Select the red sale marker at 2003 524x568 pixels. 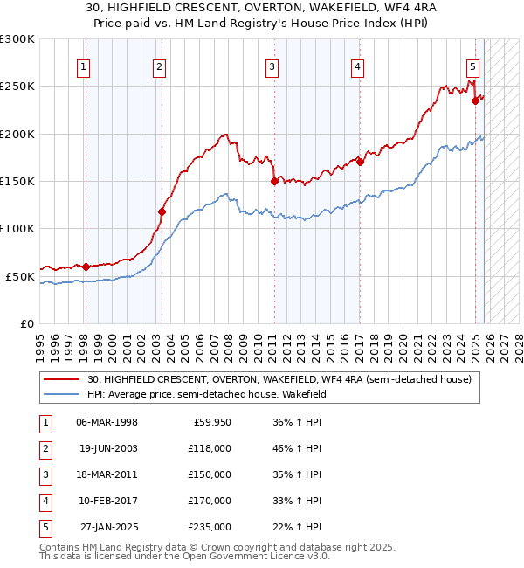point(162,211)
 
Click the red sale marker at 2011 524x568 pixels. point(274,182)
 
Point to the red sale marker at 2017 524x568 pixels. point(360,162)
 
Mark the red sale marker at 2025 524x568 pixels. point(476,100)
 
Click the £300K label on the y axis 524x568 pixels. point(17,39)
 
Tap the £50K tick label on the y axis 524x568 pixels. point(20,276)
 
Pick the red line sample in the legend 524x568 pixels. point(62,379)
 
